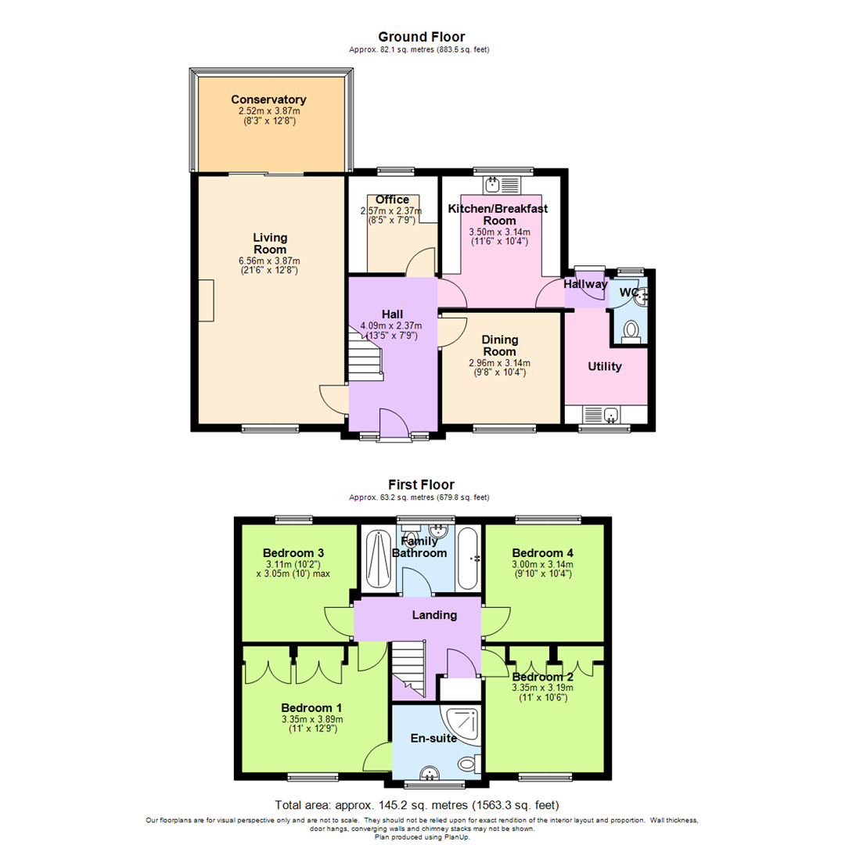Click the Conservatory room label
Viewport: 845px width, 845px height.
[268, 100]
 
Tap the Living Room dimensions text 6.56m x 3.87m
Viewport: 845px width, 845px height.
[270, 261]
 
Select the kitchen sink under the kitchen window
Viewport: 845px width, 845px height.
[494, 185]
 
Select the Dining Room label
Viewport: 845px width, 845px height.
[500, 345]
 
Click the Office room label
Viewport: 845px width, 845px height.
[392, 200]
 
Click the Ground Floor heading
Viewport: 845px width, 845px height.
[421, 37]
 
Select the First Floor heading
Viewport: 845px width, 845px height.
[421, 484]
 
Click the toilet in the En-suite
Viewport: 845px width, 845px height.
[468, 764]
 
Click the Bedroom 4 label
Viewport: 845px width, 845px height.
[543, 552]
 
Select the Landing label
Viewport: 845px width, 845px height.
[434, 615]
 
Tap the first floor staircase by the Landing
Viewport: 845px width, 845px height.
[408, 665]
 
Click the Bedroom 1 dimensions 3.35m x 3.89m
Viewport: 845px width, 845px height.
[311, 720]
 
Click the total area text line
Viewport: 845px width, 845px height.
[416, 804]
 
